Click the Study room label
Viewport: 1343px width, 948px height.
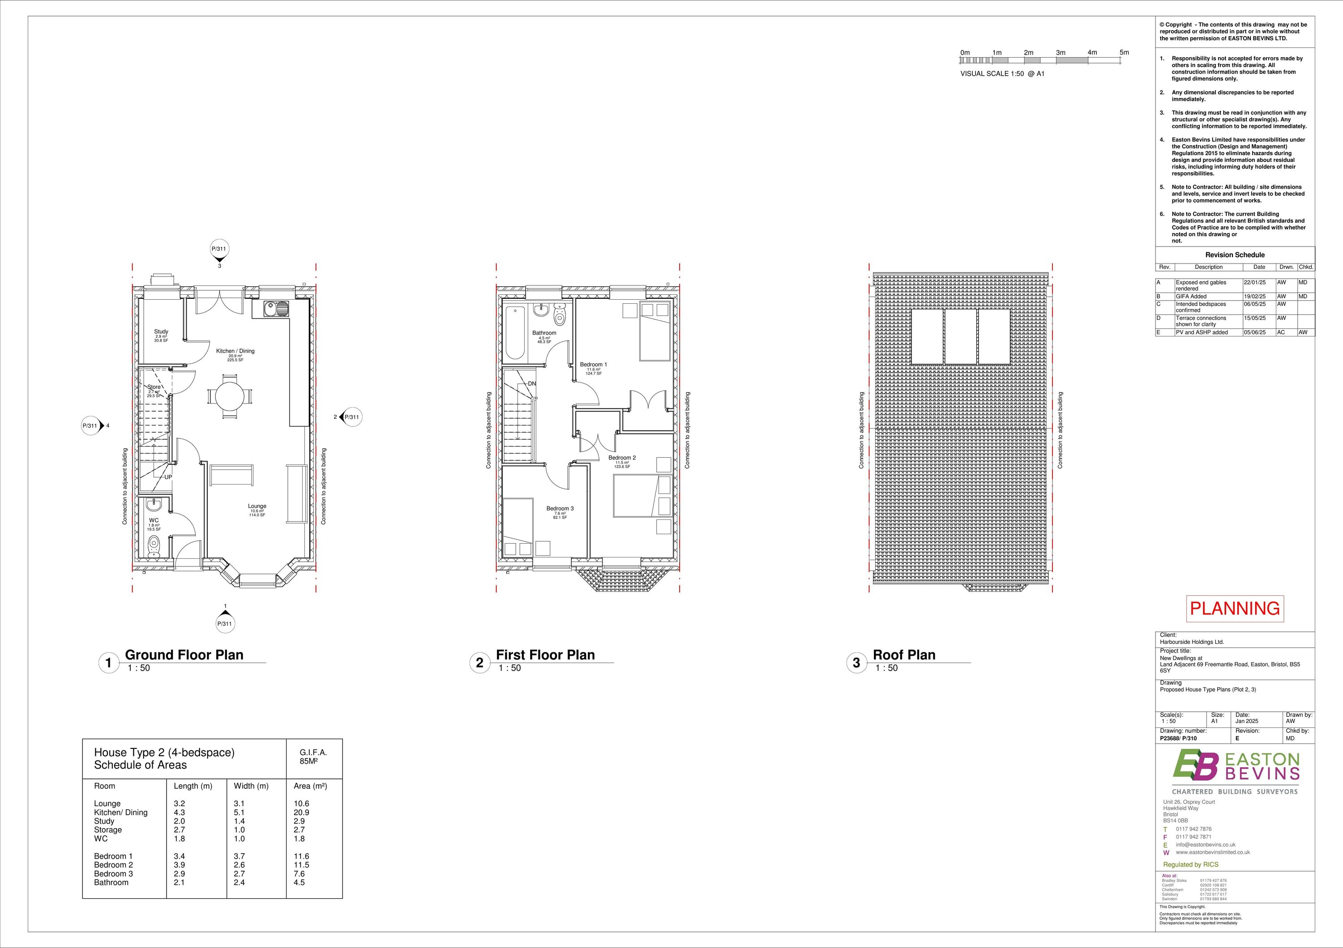[161, 332]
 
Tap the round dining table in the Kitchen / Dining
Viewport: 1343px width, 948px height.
[229, 397]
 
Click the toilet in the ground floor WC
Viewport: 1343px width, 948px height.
[154, 545]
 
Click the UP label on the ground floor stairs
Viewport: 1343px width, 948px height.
[168, 477]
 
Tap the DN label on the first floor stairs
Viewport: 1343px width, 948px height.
[532, 384]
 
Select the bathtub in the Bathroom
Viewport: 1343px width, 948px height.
[515, 332]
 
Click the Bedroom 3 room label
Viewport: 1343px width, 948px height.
[560, 509]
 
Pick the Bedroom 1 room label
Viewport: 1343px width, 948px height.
[593, 365]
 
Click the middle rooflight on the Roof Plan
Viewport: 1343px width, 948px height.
[960, 336]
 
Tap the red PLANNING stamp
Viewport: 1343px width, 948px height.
[1235, 608]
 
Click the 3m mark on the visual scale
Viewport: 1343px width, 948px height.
[1061, 53]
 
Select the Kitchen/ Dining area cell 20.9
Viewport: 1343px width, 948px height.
[301, 812]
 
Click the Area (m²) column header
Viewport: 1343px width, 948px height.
[310, 786]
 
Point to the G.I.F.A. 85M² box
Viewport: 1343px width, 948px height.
[313, 757]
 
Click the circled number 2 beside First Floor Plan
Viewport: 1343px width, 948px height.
[479, 663]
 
